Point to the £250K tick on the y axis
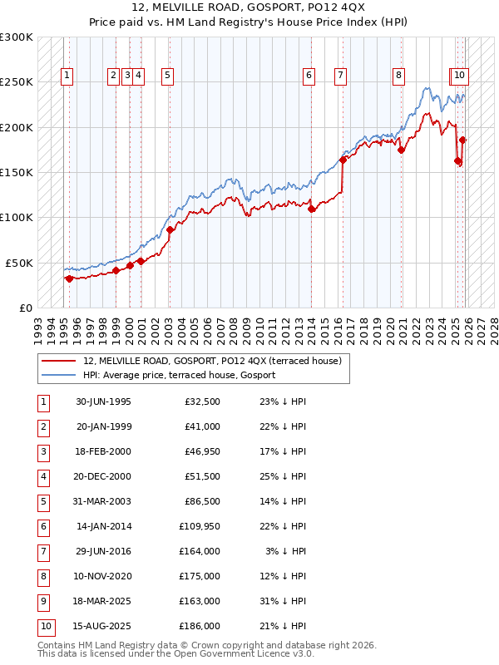17,82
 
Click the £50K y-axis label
19,263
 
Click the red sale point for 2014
312,209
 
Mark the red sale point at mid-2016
343,160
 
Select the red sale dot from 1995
69,278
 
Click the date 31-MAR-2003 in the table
103,502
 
